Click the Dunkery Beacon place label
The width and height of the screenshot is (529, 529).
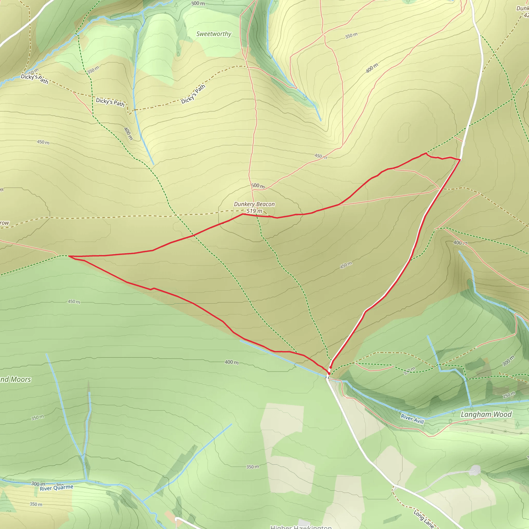pyautogui.click(x=254, y=204)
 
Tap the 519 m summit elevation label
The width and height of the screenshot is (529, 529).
pyautogui.click(x=254, y=211)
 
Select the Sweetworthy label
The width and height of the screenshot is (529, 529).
pyautogui.click(x=214, y=34)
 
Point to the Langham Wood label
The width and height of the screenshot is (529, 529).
pyautogui.click(x=486, y=414)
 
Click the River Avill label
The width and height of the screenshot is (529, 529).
pyautogui.click(x=412, y=419)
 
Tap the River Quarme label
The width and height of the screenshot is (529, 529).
pyautogui.click(x=56, y=488)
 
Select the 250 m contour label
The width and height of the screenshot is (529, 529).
pyautogui.click(x=509, y=395)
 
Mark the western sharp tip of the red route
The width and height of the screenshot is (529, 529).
pyautogui.click(x=68, y=256)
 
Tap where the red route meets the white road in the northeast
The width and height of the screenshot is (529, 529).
pyautogui.click(x=460, y=160)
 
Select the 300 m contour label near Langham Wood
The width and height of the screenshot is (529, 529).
pyautogui.click(x=508, y=361)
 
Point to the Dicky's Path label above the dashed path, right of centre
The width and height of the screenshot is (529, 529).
pyautogui.click(x=193, y=94)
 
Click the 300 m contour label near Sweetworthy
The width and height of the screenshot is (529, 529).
pyautogui.click(x=198, y=4)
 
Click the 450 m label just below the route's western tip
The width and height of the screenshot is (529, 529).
pyautogui.click(x=74, y=301)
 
